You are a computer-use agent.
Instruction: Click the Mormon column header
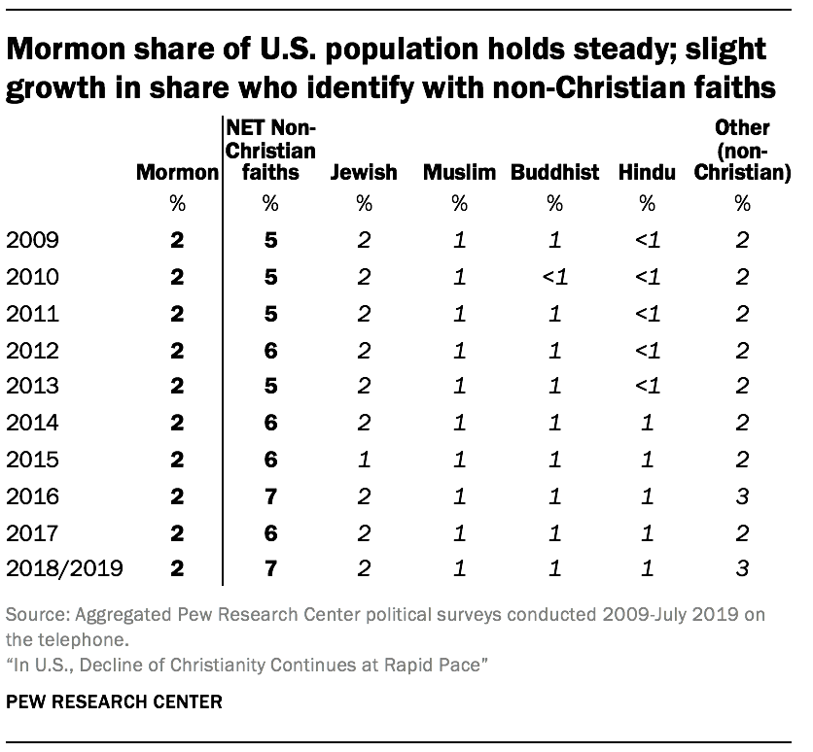coord(177,173)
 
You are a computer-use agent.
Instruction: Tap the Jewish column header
coord(364,173)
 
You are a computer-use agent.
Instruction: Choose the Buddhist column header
coord(554,173)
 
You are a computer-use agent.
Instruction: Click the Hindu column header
coord(647,173)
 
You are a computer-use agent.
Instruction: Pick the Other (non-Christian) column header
coord(743,151)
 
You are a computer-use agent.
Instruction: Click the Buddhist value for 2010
coord(554,277)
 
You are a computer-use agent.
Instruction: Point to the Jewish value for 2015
coord(364,461)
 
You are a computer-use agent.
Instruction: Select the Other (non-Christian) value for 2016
coord(743,497)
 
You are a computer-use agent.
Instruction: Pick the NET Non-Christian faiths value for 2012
coord(270,351)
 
